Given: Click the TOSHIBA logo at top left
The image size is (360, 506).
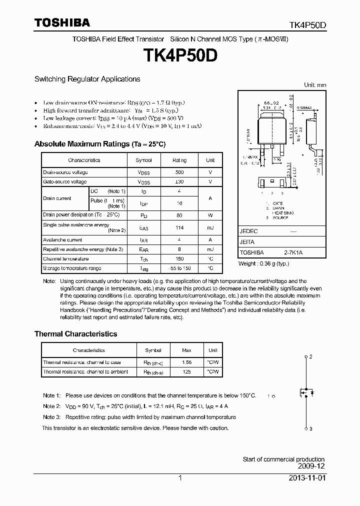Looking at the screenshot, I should coord(62,22).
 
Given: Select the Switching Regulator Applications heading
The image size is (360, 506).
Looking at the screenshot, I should coord(87,79).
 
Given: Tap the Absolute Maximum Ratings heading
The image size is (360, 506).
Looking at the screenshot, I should coord(99,144).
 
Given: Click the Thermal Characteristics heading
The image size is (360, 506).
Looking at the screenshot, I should coord(75,334).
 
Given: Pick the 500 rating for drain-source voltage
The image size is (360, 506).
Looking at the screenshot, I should coord(179,172).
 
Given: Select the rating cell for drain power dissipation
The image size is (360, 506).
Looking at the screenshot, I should coord(179,215).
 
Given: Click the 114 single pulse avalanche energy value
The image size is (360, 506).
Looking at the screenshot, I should coord(179,228).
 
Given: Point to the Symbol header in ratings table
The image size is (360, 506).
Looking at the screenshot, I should coord(143,160).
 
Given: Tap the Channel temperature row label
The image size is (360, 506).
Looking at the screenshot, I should coord(65,259).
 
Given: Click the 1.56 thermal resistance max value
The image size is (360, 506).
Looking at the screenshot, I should coord(187,362).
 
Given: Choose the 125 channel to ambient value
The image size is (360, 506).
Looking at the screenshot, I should coord(187,372).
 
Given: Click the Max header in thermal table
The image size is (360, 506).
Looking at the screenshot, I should coord(187,350).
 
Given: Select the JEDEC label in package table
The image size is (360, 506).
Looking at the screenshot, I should coord(248,231).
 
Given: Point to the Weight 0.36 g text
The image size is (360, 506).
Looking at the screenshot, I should coord(263,263).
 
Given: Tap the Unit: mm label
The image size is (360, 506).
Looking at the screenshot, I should coord(315,85).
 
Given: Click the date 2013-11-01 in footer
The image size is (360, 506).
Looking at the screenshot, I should coord(306,478).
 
